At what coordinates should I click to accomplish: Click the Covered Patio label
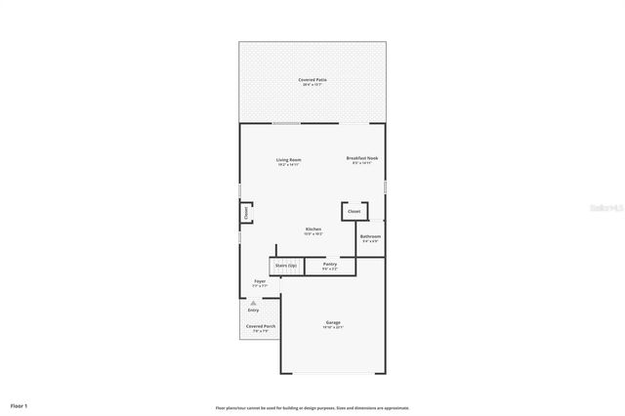click(312, 79)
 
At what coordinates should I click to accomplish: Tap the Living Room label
click(288, 159)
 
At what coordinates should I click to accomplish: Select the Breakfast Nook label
click(362, 157)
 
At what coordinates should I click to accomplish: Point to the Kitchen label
click(312, 229)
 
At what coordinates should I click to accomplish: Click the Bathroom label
click(370, 236)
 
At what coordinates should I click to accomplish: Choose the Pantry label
click(330, 264)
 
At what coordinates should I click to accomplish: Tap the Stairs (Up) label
click(285, 265)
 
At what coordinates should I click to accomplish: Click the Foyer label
click(260, 281)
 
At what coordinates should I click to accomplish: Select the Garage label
click(333, 322)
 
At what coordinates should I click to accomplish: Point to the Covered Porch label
click(260, 326)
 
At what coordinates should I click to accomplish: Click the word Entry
click(253, 310)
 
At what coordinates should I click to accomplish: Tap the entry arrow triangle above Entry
click(253, 303)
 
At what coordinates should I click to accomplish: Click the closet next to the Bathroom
click(354, 211)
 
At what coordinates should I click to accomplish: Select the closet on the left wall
click(246, 212)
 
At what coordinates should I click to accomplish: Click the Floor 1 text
click(20, 404)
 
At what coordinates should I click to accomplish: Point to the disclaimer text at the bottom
click(312, 407)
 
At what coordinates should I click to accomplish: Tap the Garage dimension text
click(333, 327)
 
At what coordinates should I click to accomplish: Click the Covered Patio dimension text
click(312, 85)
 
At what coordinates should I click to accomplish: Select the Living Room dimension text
click(288, 165)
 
